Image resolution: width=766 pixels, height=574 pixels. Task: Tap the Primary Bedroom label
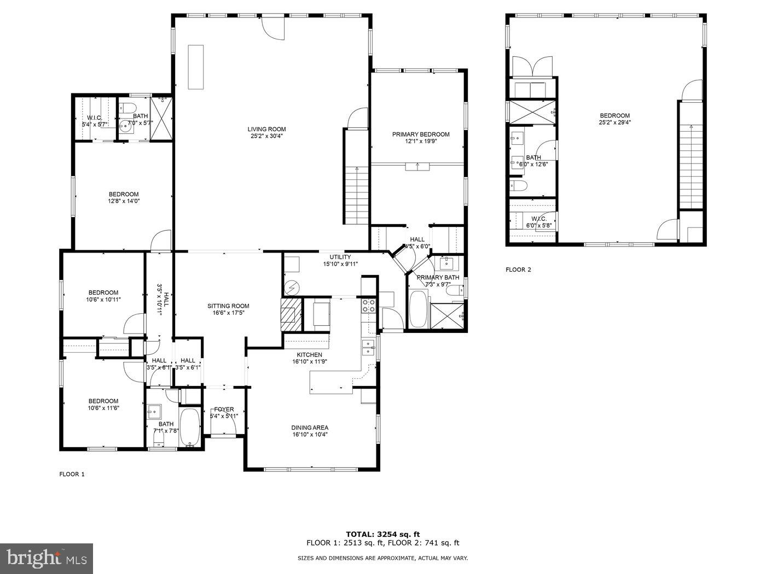420,134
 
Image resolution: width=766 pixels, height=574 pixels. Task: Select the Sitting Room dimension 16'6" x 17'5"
228,313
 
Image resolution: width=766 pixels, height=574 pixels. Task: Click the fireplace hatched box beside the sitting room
291,314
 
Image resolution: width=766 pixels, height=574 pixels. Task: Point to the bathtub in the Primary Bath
419,310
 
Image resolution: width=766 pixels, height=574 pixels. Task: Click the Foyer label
224,409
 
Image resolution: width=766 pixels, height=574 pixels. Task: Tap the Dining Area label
310,427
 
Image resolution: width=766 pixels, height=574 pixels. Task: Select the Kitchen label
310,355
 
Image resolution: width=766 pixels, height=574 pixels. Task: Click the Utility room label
340,257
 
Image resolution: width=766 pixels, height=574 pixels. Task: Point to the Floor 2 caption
518,270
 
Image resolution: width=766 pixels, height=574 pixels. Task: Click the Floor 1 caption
72,474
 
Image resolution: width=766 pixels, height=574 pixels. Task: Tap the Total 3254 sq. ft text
382,534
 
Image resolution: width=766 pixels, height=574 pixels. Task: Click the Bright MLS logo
47,558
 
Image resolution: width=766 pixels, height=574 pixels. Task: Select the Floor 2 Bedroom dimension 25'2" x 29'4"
614,122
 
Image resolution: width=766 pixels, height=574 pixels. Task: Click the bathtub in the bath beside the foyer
190,427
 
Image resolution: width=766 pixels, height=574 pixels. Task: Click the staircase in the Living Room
357,194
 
